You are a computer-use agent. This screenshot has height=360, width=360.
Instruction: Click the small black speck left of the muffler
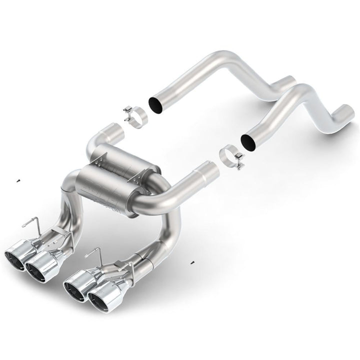[17, 180]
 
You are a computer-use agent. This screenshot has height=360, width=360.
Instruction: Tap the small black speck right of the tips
[192, 262]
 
